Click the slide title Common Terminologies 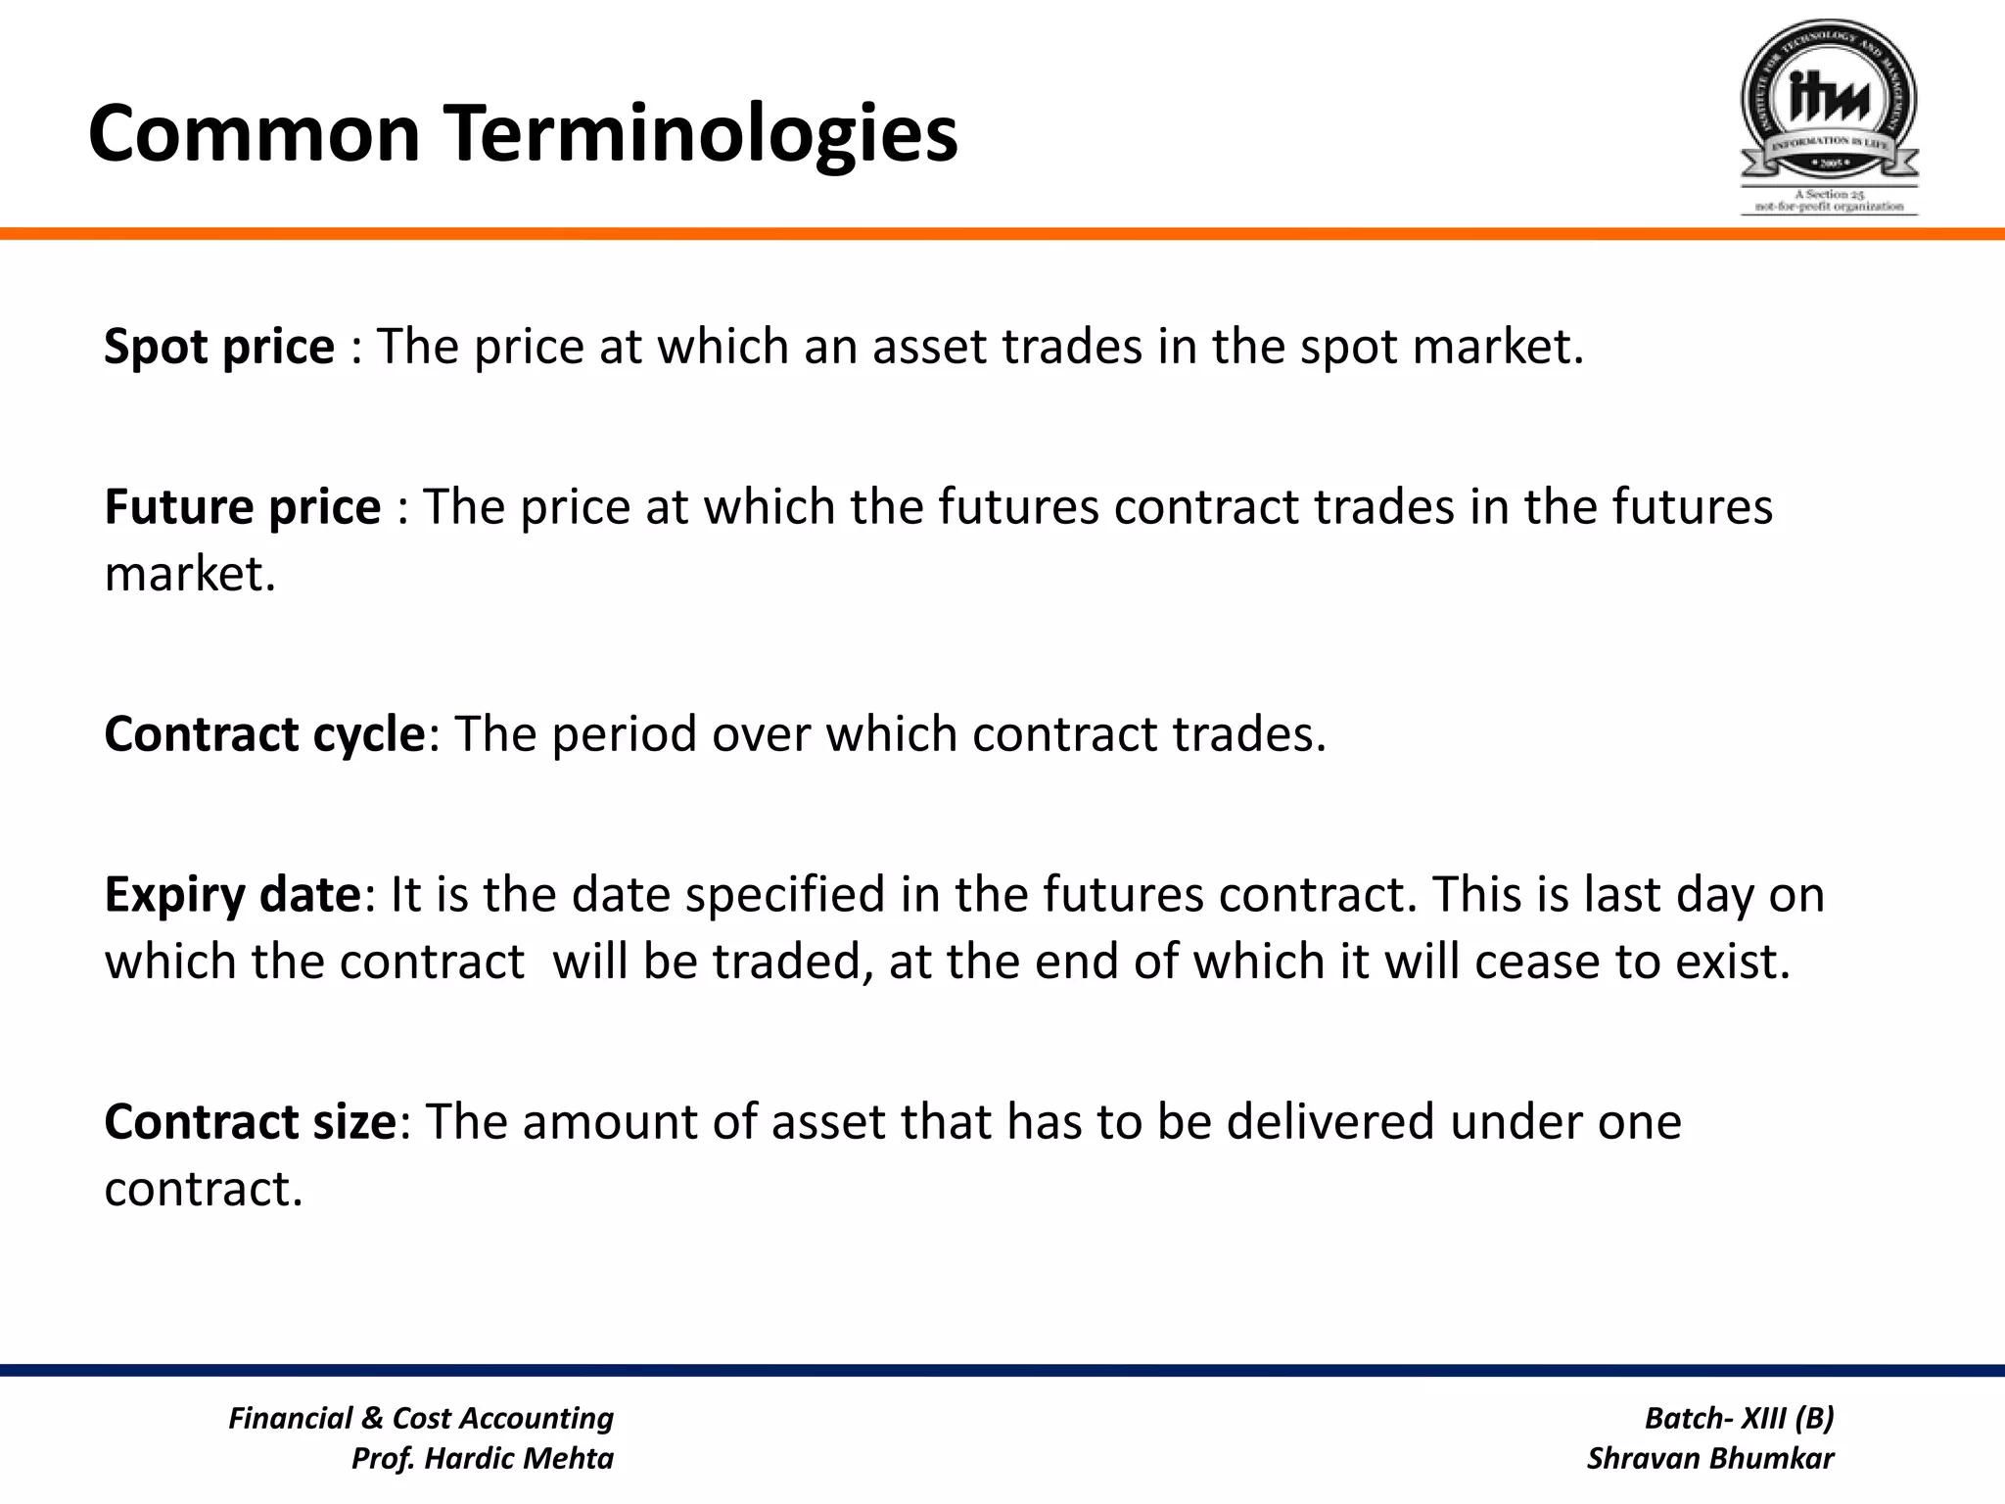pos(523,133)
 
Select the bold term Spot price pos(219,347)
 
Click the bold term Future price pos(242,507)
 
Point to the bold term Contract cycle pos(264,734)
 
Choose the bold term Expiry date pos(233,895)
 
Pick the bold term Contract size pos(250,1122)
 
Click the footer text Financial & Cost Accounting pos(421,1418)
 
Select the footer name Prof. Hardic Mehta pos(482,1459)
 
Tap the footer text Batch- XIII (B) pos(1739,1418)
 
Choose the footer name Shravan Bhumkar pos(1710,1459)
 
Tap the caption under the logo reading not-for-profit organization pos(1829,207)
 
